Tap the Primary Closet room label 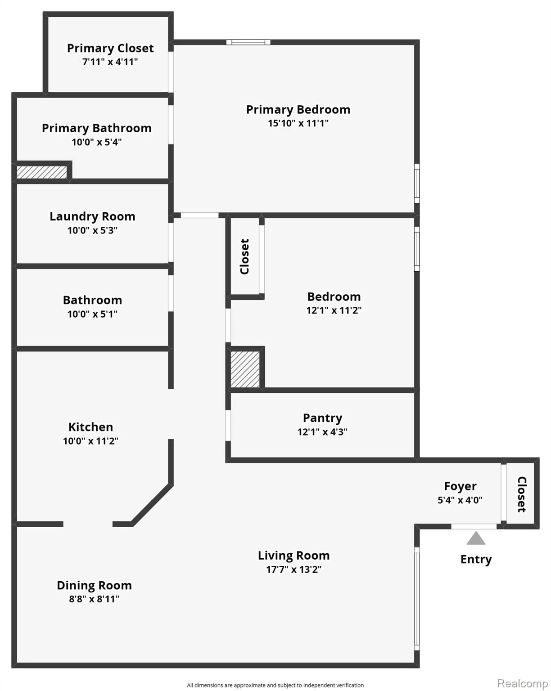pos(110,48)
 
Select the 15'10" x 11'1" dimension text pos(298,123)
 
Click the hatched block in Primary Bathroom pos(41,172)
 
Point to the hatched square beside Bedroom pos(245,369)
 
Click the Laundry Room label pos(92,216)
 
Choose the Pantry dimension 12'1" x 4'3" pos(322,432)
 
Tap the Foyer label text pos(460,486)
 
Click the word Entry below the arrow pos(476,559)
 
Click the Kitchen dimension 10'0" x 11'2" pos(90,441)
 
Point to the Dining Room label pos(94,585)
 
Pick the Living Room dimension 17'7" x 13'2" pos(294,569)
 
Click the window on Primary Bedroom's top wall pos(248,42)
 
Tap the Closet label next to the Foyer pos(521,494)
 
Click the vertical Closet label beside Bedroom pos(244,256)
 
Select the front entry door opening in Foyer pos(474,526)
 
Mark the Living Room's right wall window pos(417,599)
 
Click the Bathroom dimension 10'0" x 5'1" pos(92,314)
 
